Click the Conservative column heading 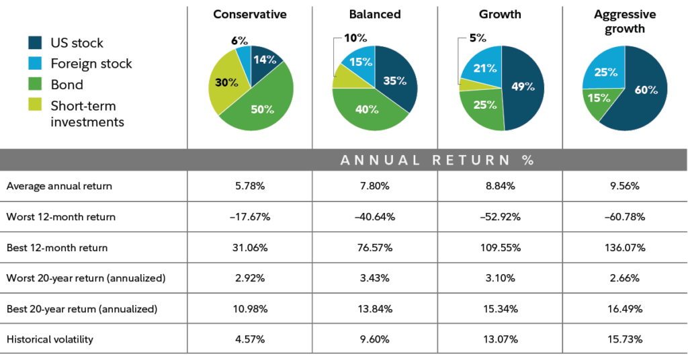250,14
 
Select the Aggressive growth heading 624,21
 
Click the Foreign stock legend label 91,64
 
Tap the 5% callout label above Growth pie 478,38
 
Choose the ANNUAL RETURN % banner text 437,160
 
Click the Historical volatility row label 50,340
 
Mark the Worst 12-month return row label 61,217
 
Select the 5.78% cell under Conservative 250,187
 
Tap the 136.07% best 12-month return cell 624,248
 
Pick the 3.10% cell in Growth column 500,278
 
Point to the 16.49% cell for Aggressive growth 624,309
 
